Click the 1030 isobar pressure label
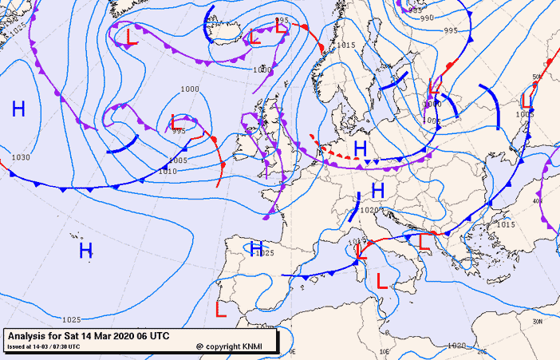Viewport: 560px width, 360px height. coord(21,157)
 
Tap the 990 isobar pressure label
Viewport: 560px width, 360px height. coord(427,18)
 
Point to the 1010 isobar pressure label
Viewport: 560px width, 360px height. coord(168,171)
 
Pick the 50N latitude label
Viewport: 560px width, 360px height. coord(537,77)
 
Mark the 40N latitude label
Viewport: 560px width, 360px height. coord(537,201)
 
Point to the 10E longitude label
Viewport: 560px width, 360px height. coord(383,350)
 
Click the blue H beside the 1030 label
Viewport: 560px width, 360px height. coord(18,109)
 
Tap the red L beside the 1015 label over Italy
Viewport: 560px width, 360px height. coord(361,252)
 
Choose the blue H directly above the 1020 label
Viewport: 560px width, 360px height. coord(378,190)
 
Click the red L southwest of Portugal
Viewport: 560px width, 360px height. coord(222,307)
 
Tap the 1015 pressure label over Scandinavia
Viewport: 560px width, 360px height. coord(345,45)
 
